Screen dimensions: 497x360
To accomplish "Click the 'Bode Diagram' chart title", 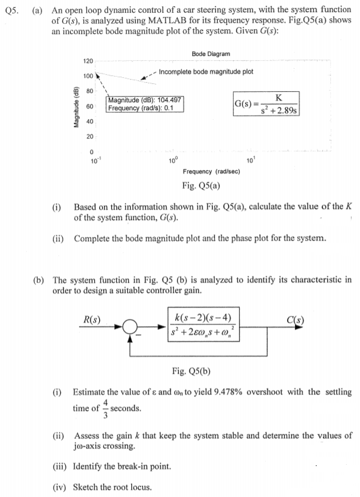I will [x=210, y=54].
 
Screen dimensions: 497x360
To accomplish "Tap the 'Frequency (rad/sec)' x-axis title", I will [x=211, y=172].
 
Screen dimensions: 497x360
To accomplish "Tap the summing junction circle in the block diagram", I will [x=128, y=329].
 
